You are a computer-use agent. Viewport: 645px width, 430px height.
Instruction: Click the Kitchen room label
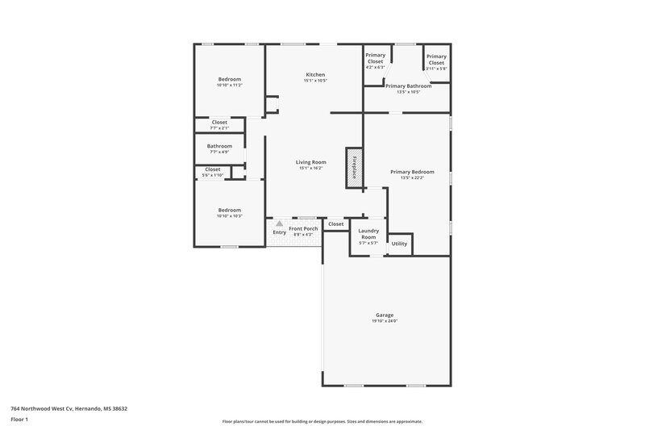[x=314, y=74]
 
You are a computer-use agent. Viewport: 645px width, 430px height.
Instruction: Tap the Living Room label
[x=310, y=162]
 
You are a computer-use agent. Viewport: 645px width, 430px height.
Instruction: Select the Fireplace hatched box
[x=353, y=168]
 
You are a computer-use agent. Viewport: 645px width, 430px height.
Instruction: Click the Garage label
[x=385, y=315]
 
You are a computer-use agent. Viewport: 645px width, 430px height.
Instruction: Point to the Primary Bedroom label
[x=412, y=171]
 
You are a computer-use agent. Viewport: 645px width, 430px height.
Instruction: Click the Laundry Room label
[x=368, y=233]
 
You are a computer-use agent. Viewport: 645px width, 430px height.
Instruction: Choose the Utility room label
[x=399, y=243]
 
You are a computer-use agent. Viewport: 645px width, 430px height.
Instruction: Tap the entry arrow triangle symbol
[x=280, y=223]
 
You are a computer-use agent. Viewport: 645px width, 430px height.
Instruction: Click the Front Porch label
[x=304, y=228]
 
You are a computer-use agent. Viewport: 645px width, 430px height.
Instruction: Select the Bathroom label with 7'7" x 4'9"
[x=219, y=146]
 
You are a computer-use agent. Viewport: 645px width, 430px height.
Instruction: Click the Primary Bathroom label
[x=408, y=86]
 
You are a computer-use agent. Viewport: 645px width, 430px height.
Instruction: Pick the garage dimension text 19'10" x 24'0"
[x=385, y=321]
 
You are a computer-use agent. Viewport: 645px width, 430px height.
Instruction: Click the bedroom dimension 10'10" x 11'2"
[x=230, y=85]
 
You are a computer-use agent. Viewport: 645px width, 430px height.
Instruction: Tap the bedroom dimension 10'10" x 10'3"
[x=230, y=216]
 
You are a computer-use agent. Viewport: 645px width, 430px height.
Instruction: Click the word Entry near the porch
[x=280, y=232]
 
